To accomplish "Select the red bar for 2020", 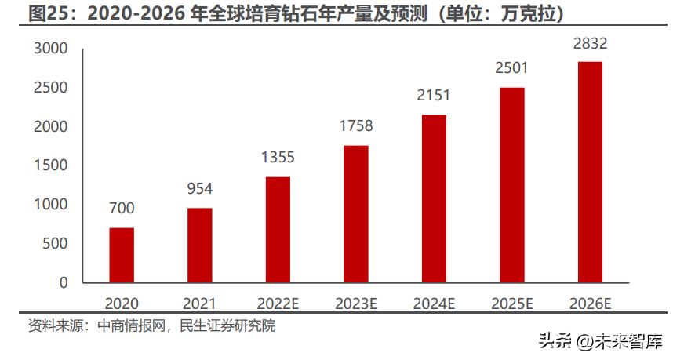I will [122, 255].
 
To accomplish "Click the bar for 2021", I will [199, 245].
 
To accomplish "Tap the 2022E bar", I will [278, 229].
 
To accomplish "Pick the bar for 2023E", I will [356, 213].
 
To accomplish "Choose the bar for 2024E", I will [434, 198].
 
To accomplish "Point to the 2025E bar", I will [512, 184].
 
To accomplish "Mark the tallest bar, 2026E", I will [590, 172].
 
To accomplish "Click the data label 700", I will [122, 209].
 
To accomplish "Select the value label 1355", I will [278, 158].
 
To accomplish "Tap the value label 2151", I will [434, 96].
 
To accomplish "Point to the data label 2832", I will [590, 43].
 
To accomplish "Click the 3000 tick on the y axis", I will [51, 49].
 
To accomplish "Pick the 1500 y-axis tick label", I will [51, 165].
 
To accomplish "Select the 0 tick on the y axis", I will [64, 282].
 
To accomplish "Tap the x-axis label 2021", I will [199, 303].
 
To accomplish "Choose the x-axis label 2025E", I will [512, 303].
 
